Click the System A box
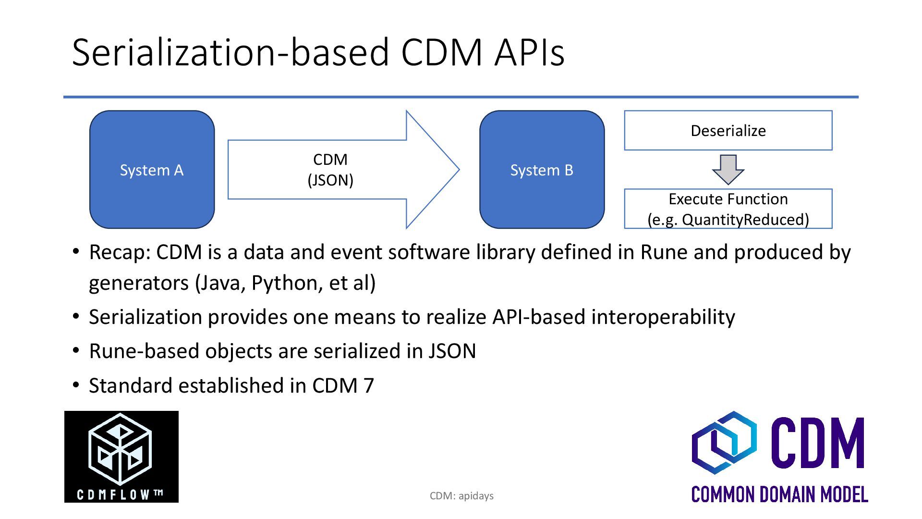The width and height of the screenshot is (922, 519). click(x=152, y=170)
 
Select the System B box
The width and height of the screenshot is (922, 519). click(x=542, y=170)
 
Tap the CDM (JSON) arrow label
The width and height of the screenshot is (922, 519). click(x=330, y=170)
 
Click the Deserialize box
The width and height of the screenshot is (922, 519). click(x=728, y=131)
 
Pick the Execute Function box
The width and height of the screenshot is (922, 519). click(x=728, y=209)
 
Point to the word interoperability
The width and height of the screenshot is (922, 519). click(x=663, y=317)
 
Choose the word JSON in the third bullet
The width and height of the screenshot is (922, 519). click(x=452, y=351)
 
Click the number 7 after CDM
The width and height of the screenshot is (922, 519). click(x=368, y=386)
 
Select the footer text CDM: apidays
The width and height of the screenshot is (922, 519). click(x=461, y=496)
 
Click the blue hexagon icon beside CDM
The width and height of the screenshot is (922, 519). click(x=724, y=442)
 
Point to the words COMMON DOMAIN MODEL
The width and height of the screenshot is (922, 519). click(x=779, y=494)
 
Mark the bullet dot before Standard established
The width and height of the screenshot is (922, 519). click(x=76, y=385)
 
